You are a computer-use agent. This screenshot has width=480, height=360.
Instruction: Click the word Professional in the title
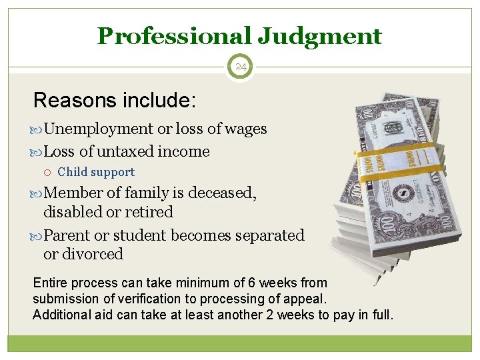tap(173, 35)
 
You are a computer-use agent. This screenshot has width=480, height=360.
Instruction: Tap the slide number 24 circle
tap(240, 67)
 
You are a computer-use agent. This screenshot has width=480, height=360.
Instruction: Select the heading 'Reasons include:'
tap(115, 101)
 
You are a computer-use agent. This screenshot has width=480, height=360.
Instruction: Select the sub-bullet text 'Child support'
tap(96, 172)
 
